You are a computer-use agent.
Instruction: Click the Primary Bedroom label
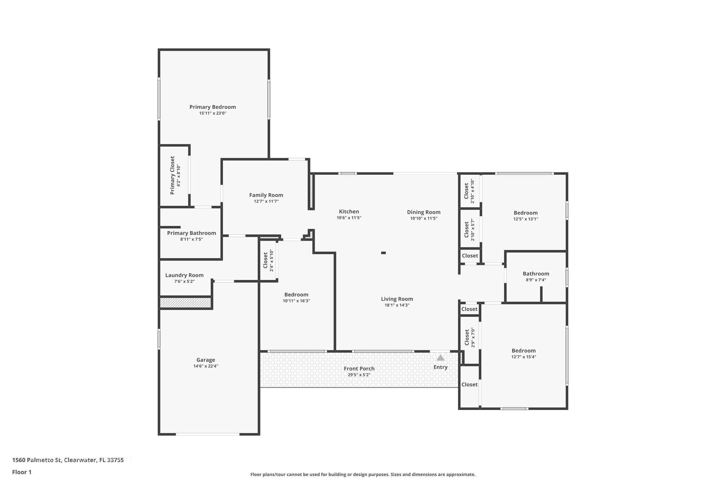[x=213, y=107]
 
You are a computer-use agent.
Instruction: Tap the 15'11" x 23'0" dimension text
[x=213, y=113]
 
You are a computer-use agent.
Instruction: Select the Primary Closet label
[x=172, y=175]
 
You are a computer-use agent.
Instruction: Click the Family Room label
[x=266, y=195]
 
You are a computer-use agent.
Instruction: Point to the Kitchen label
[x=349, y=212]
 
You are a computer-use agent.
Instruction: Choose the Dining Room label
[x=423, y=212]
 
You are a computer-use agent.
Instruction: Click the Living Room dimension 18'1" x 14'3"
[x=397, y=305]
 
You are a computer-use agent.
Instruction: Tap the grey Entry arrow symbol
[x=440, y=358]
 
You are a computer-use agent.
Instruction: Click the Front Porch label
[x=359, y=369]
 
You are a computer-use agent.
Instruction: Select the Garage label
[x=205, y=360]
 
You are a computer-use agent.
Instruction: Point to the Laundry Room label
[x=184, y=275]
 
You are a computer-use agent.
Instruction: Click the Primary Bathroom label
[x=191, y=233]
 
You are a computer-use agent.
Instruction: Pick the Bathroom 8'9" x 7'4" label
[x=536, y=274]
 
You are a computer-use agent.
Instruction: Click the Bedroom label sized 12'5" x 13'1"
[x=525, y=213]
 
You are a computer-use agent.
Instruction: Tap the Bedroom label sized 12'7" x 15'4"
[x=523, y=351]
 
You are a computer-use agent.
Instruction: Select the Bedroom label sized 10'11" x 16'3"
[x=296, y=295]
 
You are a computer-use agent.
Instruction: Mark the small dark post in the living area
[x=383, y=253]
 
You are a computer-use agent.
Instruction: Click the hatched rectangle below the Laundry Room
[x=185, y=302]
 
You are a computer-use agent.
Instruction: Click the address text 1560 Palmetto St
[x=37, y=460]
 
